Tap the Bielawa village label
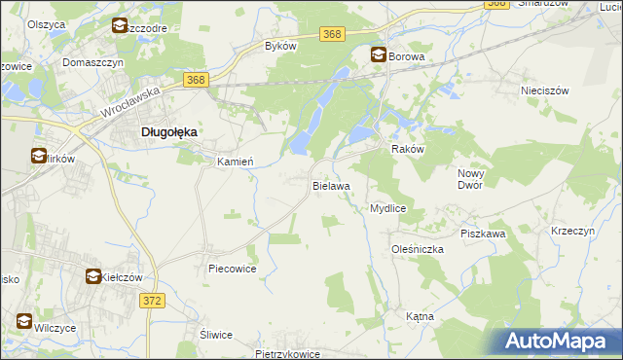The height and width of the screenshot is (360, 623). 331,184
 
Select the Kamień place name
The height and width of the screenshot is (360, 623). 235,162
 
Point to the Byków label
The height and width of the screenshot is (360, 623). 281,47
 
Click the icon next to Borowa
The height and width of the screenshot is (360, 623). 378,56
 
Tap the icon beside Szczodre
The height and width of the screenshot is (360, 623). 120,26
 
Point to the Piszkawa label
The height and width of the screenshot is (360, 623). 483,234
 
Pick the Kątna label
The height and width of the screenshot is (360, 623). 420,317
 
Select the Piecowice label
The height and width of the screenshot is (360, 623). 232,269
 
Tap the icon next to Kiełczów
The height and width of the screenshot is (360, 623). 92,277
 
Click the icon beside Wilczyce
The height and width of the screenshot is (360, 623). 23,320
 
